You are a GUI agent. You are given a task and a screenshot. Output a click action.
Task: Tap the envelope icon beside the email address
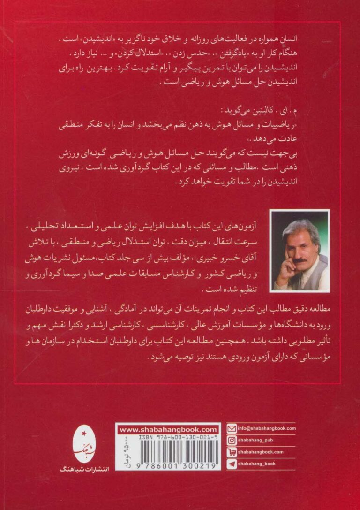(231, 428)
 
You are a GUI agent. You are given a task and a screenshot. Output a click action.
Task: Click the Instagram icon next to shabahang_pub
(231, 440)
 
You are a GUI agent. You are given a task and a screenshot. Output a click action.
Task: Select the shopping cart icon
(231, 452)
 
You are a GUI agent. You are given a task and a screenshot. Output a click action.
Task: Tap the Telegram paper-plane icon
(231, 464)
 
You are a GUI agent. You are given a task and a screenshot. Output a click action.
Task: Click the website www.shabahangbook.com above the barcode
(168, 429)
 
